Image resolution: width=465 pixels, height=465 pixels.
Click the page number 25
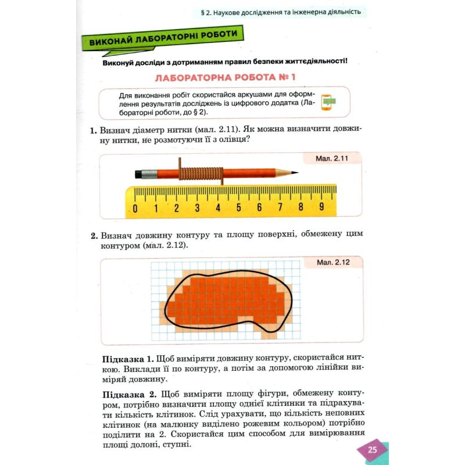(373, 450)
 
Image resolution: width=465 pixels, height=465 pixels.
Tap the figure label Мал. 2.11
(331, 158)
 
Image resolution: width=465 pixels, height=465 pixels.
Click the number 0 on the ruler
(135, 208)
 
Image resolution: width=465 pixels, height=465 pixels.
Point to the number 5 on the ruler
(238, 208)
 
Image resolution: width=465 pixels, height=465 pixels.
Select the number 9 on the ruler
(321, 208)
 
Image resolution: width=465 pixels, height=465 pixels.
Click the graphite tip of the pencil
(295, 172)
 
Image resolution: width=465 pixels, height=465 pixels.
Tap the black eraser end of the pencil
(138, 173)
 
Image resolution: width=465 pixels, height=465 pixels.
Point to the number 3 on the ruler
(197, 208)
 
